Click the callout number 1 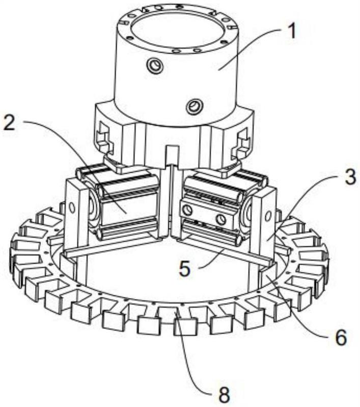(292, 31)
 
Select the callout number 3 (350, 177)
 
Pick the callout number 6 (341, 337)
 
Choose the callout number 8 (224, 395)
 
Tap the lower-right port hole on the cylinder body (195, 106)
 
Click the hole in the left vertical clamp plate (72, 207)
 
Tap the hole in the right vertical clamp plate (268, 215)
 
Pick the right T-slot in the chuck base (241, 141)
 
